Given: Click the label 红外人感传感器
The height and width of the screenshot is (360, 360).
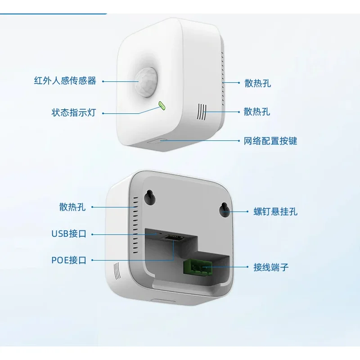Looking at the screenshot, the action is pos(65,81).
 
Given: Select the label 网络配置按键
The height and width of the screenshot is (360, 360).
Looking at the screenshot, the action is pos(270,141).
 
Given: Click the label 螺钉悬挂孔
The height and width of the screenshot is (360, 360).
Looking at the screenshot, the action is pos(275,211).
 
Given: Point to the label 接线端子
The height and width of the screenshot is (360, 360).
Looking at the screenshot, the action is pos(271,267).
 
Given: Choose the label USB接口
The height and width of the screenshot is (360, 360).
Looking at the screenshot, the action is pos(68,234).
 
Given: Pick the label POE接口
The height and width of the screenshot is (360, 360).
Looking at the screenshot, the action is pos(68,260).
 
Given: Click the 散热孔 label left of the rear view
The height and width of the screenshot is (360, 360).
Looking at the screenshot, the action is pos(72,207).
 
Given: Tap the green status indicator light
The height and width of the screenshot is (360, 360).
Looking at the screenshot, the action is pos(162,106).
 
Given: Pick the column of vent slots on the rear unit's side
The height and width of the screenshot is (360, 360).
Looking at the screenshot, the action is pos(134,225).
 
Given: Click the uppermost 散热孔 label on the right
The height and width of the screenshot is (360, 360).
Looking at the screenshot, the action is pos(258,83).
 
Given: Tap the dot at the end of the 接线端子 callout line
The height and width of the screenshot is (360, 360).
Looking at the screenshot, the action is pos(247,267).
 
